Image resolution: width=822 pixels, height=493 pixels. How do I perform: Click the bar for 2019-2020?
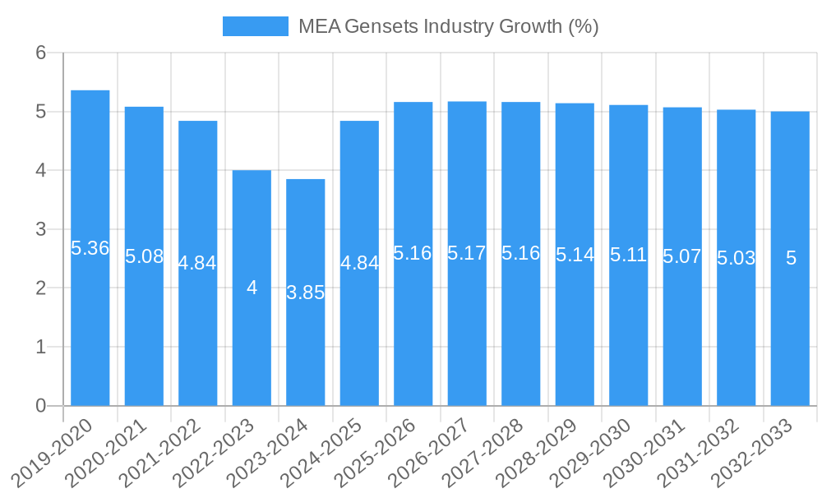(x=90, y=329)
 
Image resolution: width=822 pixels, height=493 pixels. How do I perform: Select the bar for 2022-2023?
(x=252, y=345)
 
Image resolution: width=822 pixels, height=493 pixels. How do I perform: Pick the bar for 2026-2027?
(x=467, y=329)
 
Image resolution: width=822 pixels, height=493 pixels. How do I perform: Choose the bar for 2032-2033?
(x=790, y=329)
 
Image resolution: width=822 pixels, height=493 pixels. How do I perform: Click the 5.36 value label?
(x=90, y=248)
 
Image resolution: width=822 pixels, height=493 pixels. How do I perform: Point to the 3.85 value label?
(x=306, y=293)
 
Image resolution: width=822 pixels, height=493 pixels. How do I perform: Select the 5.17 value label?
(x=467, y=253)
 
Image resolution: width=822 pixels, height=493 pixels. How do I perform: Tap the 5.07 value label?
(x=682, y=256)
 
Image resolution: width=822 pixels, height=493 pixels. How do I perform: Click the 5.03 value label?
(x=736, y=258)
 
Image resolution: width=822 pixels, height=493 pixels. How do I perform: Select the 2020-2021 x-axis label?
(x=107, y=452)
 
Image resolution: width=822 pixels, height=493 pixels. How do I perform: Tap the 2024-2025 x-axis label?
(x=322, y=452)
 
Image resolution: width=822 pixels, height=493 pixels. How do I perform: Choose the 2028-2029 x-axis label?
(x=538, y=452)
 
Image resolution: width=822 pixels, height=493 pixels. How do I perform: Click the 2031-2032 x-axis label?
(x=699, y=452)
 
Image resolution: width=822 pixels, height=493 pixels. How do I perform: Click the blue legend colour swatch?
(x=256, y=26)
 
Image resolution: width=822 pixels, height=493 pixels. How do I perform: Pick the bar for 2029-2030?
(x=628, y=329)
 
